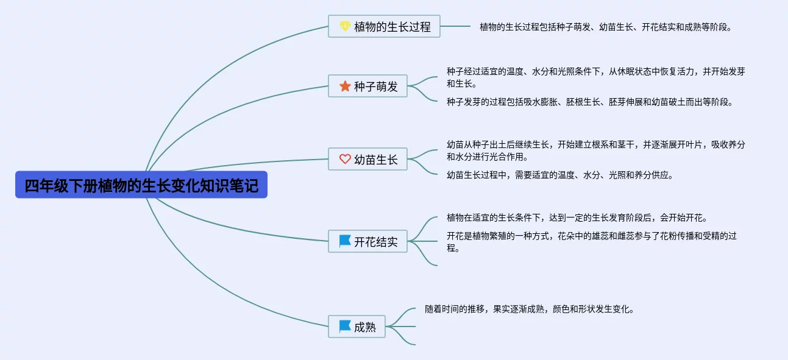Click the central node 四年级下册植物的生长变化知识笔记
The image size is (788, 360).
(x=141, y=185)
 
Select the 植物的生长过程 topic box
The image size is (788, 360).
(x=384, y=26)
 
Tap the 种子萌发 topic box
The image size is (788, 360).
(x=367, y=86)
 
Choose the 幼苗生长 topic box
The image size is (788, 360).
(x=367, y=159)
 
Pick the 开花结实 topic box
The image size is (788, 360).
(x=367, y=241)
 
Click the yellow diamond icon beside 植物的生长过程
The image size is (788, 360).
(x=345, y=26)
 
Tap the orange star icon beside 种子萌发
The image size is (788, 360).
(x=345, y=86)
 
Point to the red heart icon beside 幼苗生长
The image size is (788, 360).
(x=345, y=159)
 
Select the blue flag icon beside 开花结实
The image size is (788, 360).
(x=345, y=241)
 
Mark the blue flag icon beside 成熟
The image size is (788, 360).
(x=345, y=326)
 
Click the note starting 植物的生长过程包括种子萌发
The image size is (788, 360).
(x=605, y=27)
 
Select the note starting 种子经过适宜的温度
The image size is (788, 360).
(x=595, y=77)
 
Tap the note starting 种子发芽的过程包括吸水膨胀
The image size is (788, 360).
(x=589, y=102)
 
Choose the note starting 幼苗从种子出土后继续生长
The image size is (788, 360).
(x=595, y=150)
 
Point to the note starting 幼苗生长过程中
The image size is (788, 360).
(x=559, y=175)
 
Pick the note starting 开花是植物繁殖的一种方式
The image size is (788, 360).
(x=591, y=242)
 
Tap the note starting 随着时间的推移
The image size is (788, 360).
(x=530, y=309)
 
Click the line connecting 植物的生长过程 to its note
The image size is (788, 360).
(x=455, y=26)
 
